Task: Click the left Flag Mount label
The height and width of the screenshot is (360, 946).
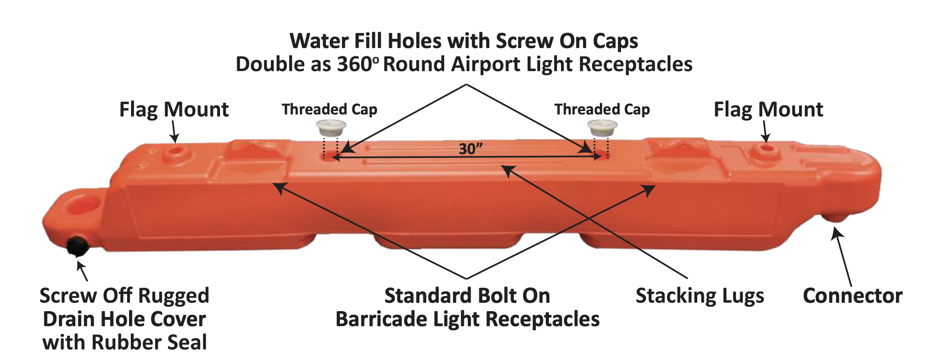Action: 174,110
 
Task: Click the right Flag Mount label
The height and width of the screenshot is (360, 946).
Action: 769,110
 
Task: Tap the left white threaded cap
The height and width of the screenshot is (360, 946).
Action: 331,128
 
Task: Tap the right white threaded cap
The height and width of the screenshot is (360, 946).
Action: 602,128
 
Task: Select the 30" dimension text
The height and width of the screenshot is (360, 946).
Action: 470,149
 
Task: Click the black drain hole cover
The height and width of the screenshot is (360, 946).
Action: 77,246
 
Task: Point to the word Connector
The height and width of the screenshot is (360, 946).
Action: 853,296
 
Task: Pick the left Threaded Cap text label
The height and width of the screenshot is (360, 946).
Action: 329,109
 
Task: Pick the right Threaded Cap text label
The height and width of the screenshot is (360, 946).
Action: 602,109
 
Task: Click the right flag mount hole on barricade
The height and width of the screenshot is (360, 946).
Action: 766,149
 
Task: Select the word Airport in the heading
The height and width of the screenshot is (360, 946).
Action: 486,65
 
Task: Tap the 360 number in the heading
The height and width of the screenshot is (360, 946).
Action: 355,65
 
